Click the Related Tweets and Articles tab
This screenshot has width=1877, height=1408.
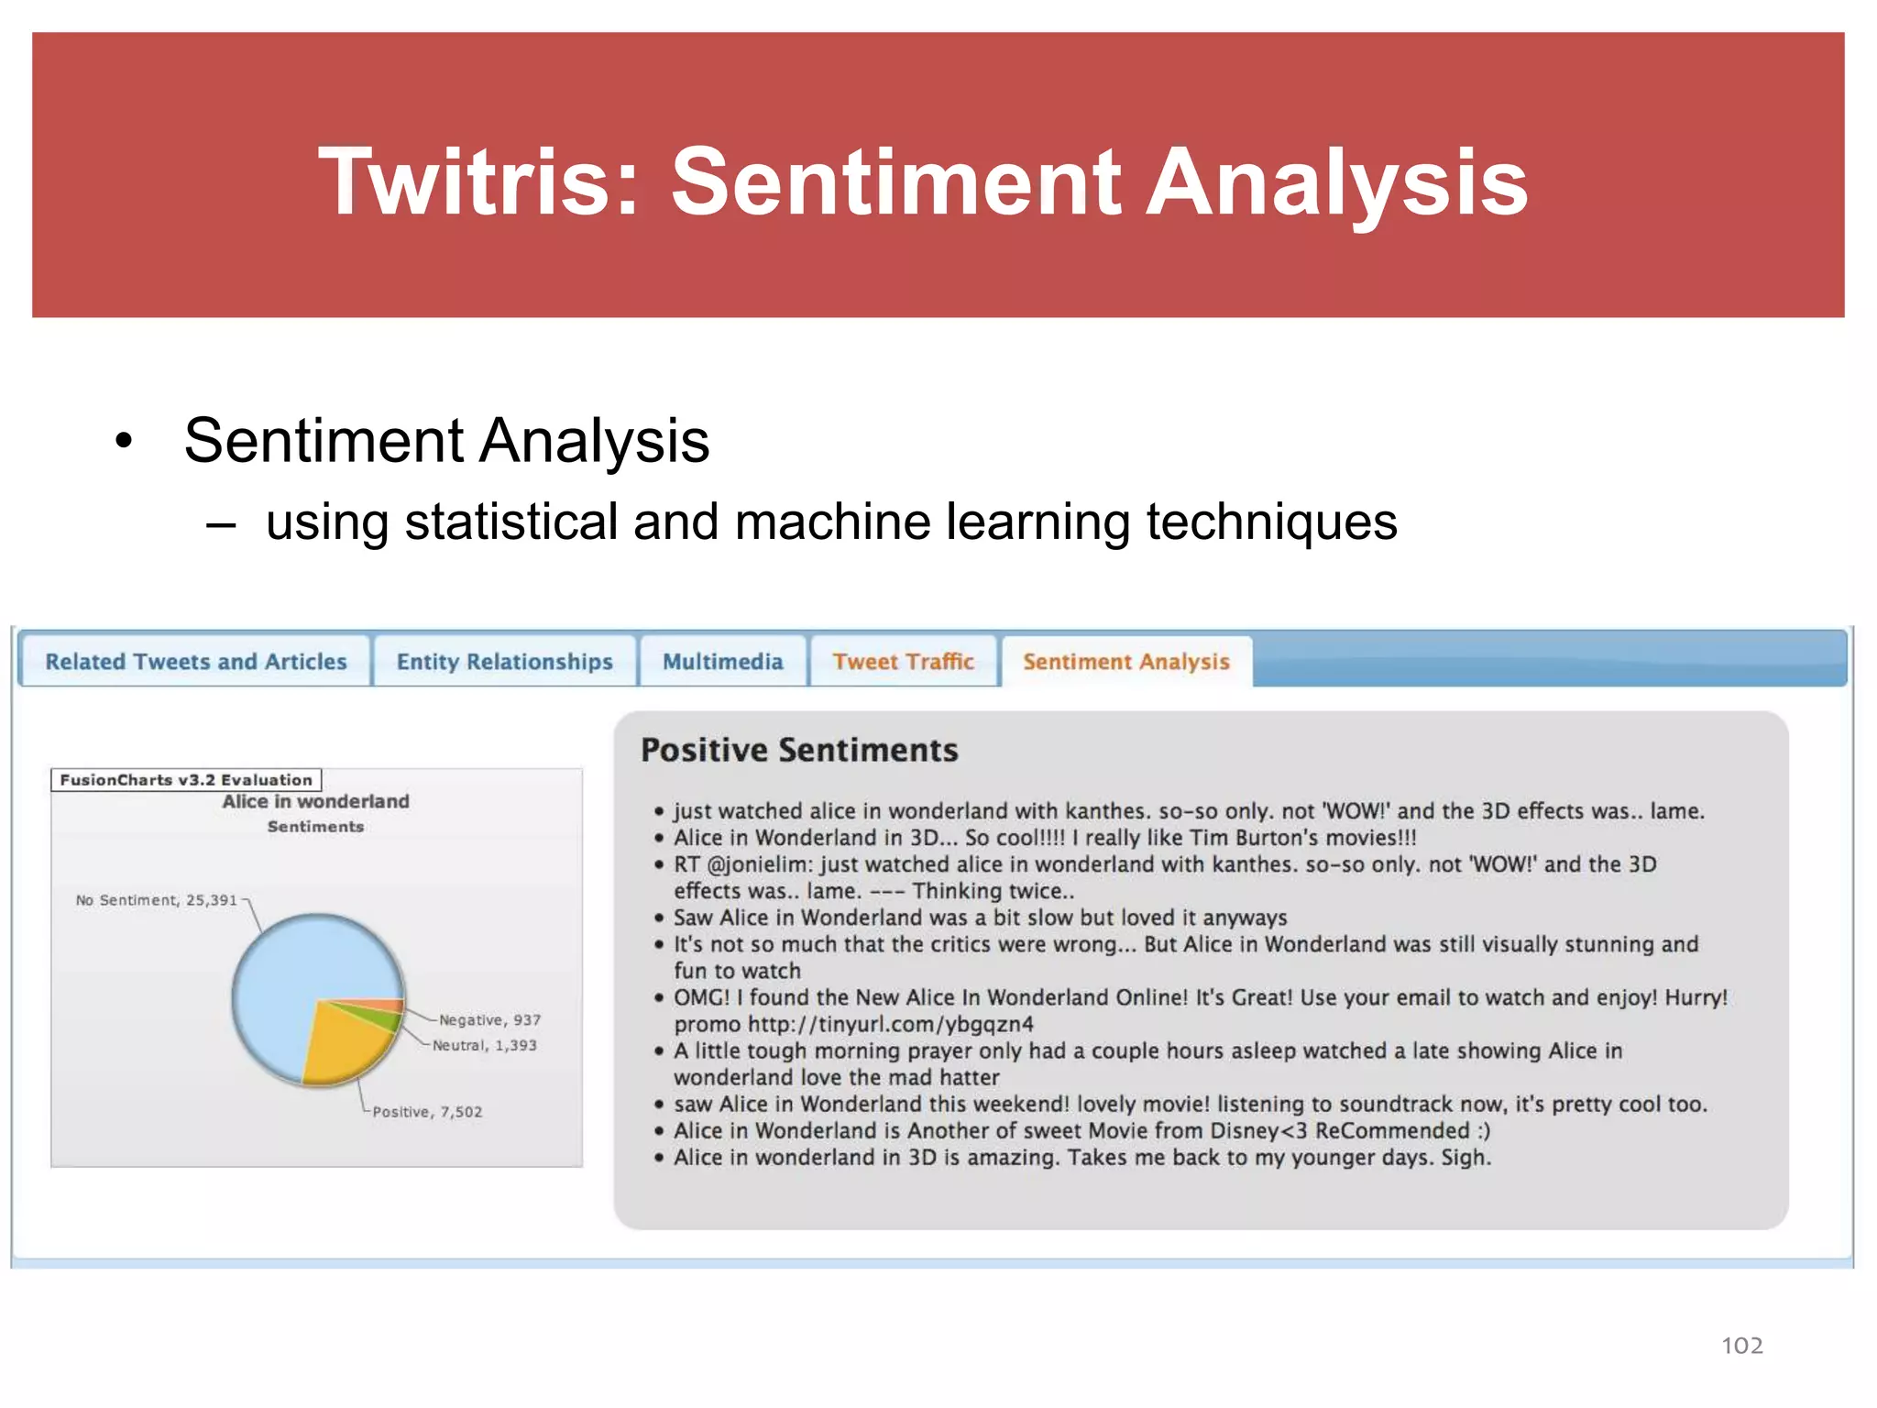[x=195, y=661]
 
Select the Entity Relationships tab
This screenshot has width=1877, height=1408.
[x=504, y=661]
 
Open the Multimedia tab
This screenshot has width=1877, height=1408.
[x=722, y=661]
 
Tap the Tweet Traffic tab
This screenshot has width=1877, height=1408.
[x=903, y=661]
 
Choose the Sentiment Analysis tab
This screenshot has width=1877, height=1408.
[x=1125, y=661]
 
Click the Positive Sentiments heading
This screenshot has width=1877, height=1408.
[x=799, y=750]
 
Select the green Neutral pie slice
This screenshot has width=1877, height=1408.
[x=380, y=1019]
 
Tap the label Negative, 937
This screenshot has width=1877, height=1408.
[x=489, y=1020]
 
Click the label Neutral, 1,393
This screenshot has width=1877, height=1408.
[x=485, y=1045]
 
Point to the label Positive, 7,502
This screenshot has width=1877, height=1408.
[x=427, y=1112]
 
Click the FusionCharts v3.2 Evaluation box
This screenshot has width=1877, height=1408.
[x=186, y=780]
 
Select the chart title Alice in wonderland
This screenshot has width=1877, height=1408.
[x=315, y=801]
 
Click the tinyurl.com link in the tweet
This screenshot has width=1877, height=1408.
[x=890, y=1024]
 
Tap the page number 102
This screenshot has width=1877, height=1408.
[x=1741, y=1345]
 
